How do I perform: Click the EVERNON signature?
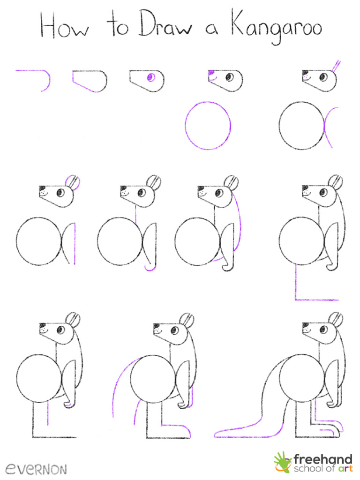pos(36,468)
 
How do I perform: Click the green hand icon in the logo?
pos(283,462)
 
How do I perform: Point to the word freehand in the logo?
pos(323,458)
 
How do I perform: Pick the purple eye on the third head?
pos(151,78)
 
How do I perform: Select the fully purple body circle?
pos(208,125)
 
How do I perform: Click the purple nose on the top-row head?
pos(211,73)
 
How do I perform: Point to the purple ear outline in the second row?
pos(73,181)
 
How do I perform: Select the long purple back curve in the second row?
pos(241,220)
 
